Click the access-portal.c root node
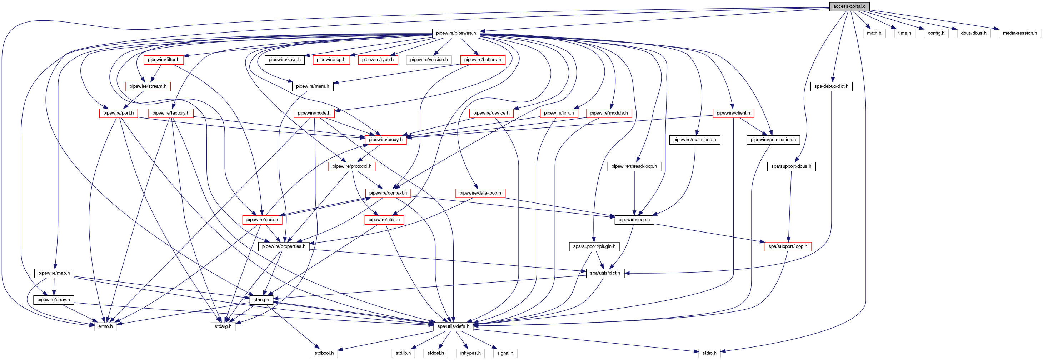[849, 6]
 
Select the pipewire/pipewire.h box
[456, 33]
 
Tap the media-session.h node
[1019, 33]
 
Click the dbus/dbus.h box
[974, 33]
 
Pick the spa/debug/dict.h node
[831, 87]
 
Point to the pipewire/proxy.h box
[385, 140]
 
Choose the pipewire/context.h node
[388, 193]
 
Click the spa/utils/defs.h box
[453, 326]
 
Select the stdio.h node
[709, 353]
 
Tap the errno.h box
[105, 326]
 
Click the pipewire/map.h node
[54, 273]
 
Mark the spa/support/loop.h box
[788, 247]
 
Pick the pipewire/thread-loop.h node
[634, 166]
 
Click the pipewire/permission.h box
[773, 140]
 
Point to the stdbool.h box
[324, 353]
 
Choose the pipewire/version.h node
[429, 60]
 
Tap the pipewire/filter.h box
[164, 60]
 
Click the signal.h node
[505, 353]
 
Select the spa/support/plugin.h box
[594, 247]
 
